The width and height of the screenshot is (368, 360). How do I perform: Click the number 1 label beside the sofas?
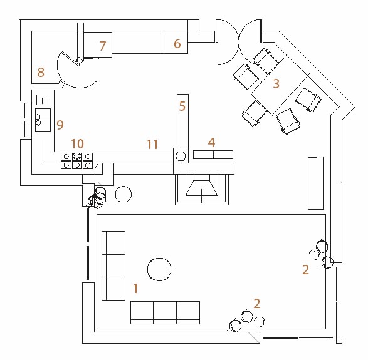(135, 288)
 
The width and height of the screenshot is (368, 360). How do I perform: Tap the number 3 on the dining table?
(276, 84)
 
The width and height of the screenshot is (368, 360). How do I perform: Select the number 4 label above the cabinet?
(211, 143)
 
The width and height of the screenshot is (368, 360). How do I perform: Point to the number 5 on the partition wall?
(182, 106)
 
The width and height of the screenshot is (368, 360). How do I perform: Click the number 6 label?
(177, 44)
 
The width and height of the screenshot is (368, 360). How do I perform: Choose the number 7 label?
(103, 46)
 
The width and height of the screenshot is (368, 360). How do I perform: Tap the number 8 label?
(41, 72)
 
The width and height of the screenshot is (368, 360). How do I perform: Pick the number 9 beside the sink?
(60, 125)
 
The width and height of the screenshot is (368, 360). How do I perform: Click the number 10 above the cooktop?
(78, 143)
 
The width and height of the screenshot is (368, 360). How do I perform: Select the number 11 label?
(152, 145)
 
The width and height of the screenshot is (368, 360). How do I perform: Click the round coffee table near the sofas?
(159, 269)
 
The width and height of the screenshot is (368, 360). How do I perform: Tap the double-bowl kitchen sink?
(43, 120)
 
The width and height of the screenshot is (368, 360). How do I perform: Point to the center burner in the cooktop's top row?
(77, 157)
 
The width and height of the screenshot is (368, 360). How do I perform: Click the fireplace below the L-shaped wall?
(202, 189)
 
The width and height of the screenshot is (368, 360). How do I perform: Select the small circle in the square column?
(181, 156)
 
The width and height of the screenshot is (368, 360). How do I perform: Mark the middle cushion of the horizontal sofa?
(165, 312)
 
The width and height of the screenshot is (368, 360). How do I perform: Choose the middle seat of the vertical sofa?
(113, 266)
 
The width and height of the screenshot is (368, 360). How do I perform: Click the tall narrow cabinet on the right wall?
(316, 183)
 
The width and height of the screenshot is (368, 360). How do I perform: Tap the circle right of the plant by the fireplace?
(124, 194)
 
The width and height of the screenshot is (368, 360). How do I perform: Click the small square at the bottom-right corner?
(339, 341)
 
